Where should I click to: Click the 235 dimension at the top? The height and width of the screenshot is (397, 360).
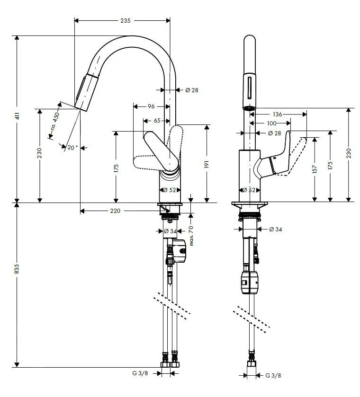click(x=125, y=21)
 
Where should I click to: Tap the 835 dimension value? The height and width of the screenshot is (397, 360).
click(x=17, y=269)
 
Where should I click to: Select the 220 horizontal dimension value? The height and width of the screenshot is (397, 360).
click(x=115, y=211)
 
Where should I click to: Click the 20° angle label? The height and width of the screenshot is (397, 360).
click(x=72, y=148)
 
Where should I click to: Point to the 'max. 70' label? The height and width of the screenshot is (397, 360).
click(x=191, y=235)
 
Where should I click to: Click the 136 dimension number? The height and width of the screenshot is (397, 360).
click(x=278, y=114)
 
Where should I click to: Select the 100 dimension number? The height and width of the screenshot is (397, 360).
click(x=271, y=124)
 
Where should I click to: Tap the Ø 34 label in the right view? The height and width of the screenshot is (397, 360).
click(x=275, y=229)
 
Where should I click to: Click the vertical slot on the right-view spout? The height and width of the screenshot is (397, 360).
click(x=248, y=88)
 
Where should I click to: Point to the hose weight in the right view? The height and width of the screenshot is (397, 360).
click(x=250, y=282)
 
